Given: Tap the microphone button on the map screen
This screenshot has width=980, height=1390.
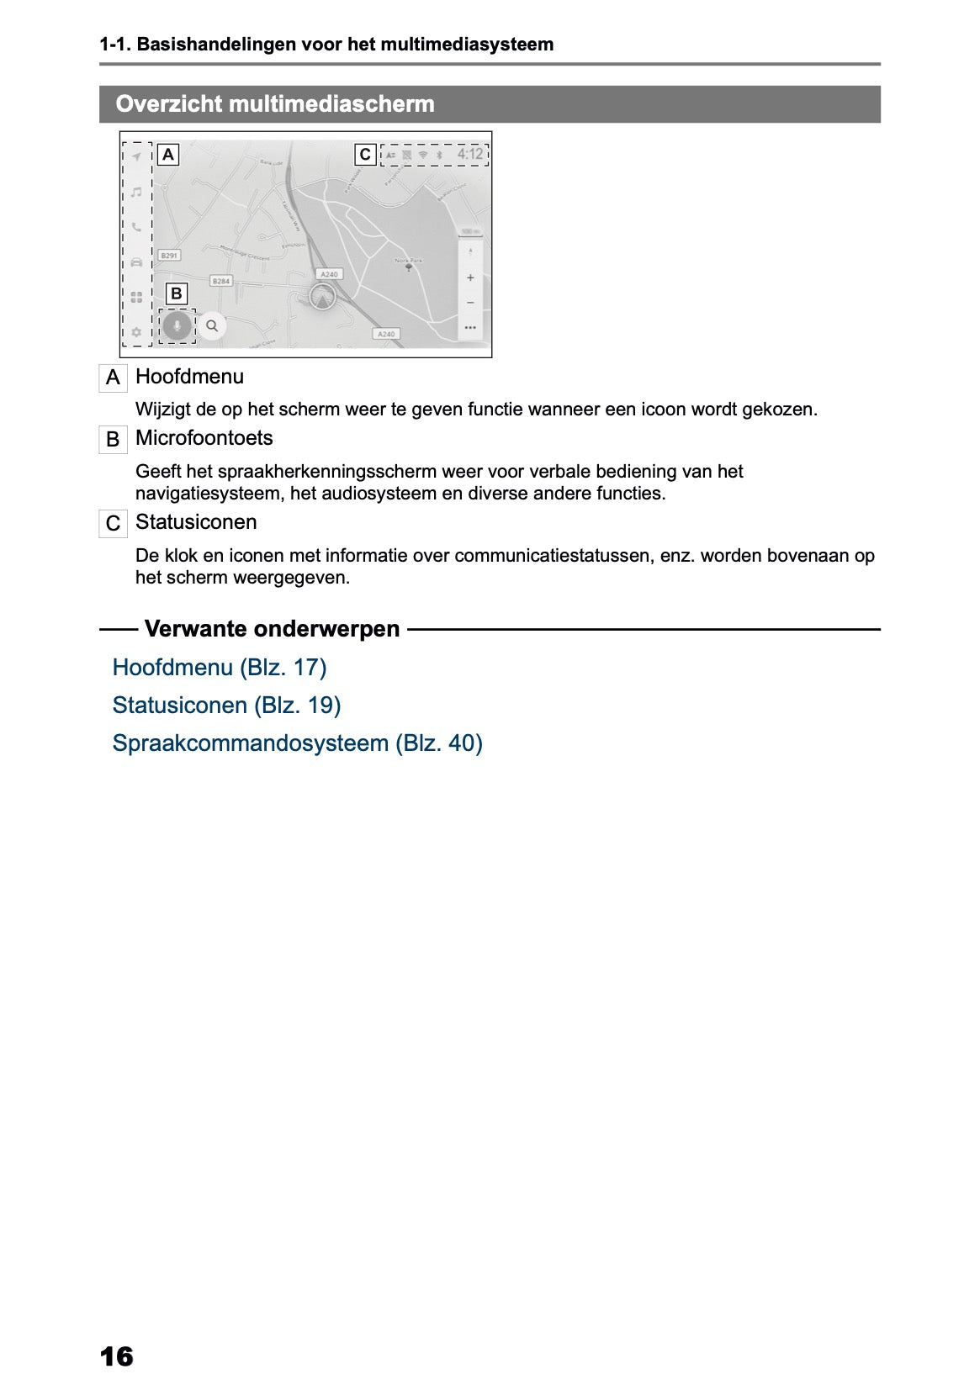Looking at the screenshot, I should (177, 325).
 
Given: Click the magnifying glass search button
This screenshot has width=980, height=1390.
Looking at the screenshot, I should (212, 325).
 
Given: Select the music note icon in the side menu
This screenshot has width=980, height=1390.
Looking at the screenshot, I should (136, 192).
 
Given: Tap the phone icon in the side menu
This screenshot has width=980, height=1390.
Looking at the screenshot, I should (136, 227).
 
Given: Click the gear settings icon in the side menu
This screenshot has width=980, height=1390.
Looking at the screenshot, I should (136, 332).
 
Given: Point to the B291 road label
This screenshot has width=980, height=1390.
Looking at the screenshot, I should (169, 256).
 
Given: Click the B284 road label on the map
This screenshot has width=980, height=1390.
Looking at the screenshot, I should (220, 281).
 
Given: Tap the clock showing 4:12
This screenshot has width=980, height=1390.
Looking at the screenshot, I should (470, 154).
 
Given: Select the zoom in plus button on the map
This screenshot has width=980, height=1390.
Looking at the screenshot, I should (470, 277).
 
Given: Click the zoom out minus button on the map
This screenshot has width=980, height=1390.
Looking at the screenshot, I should (470, 303).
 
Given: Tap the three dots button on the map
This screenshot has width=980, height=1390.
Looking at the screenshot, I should (470, 327).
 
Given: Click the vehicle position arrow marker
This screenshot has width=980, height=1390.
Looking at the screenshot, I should (322, 297).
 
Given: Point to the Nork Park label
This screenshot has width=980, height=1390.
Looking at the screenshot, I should (409, 261).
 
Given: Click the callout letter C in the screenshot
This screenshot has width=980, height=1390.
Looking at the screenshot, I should (365, 155).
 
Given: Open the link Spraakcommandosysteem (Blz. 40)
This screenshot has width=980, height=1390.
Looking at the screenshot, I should (297, 743).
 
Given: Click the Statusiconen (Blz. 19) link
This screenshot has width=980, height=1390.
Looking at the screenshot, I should (226, 706).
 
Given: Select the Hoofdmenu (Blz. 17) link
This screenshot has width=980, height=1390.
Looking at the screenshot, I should (220, 668).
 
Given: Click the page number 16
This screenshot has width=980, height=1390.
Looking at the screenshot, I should (116, 1356).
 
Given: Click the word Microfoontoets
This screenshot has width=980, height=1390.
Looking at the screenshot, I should (204, 438).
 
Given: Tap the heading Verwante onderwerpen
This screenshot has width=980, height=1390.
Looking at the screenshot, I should (272, 629).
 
